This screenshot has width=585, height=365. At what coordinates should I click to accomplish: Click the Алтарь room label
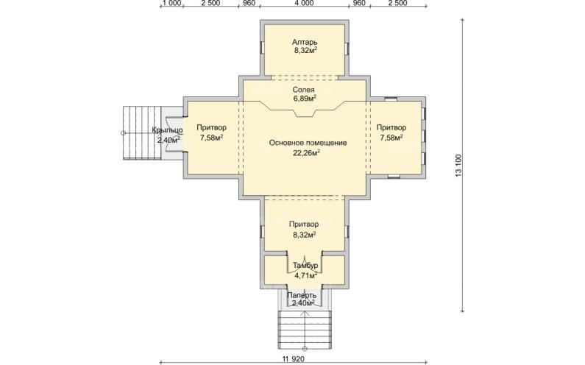click(305, 42)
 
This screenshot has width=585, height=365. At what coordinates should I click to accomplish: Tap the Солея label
click(303, 90)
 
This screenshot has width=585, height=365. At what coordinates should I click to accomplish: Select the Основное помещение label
click(308, 143)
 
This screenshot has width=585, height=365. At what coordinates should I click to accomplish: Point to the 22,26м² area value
click(307, 152)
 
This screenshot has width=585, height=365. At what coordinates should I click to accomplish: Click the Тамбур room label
click(305, 266)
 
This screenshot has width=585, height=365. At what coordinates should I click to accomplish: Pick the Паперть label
click(302, 295)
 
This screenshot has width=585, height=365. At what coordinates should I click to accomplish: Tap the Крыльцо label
click(167, 130)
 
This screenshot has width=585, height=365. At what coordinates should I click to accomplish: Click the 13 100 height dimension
click(458, 165)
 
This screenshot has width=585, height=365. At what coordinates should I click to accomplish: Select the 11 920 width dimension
click(294, 359)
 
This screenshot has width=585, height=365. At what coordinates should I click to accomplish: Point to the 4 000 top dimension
click(304, 4)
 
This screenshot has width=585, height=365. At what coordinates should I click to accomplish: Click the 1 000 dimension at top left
click(172, 4)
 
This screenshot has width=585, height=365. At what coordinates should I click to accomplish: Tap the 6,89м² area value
click(305, 99)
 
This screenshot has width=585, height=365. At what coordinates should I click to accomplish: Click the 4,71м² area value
click(306, 276)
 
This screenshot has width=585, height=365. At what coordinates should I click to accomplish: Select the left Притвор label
click(211, 127)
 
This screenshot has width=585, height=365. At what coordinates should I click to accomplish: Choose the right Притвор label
click(391, 127)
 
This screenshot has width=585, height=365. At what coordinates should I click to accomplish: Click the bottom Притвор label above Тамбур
click(304, 224)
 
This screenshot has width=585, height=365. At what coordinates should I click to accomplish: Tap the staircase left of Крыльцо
click(142, 133)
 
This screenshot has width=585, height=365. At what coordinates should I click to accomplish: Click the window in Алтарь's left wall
click(262, 49)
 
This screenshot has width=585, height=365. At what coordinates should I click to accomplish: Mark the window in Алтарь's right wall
click(347, 49)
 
